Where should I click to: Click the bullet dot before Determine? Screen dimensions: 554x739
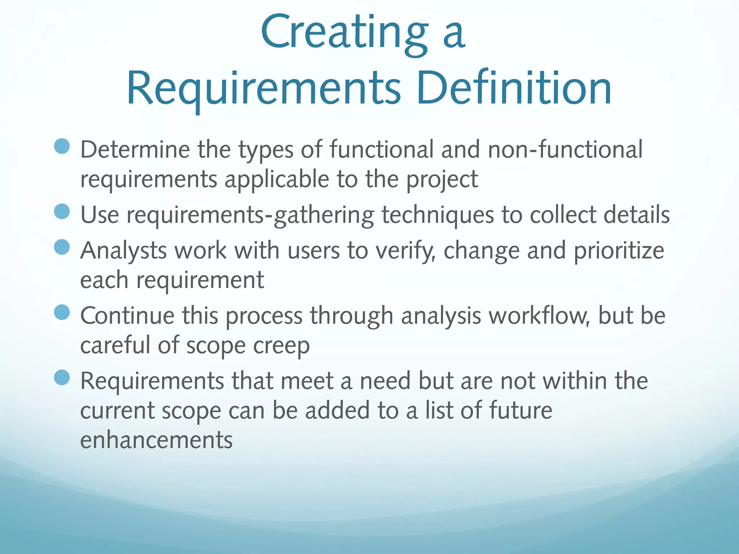(x=62, y=146)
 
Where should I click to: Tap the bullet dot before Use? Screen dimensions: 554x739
(x=62, y=211)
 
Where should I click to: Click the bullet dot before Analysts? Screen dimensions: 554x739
(x=62, y=247)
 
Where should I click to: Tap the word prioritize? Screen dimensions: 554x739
(x=618, y=251)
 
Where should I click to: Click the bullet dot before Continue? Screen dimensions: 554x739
(x=62, y=312)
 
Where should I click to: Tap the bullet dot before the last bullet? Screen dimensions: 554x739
(x=62, y=378)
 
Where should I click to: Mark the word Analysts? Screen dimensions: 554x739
(x=123, y=251)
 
